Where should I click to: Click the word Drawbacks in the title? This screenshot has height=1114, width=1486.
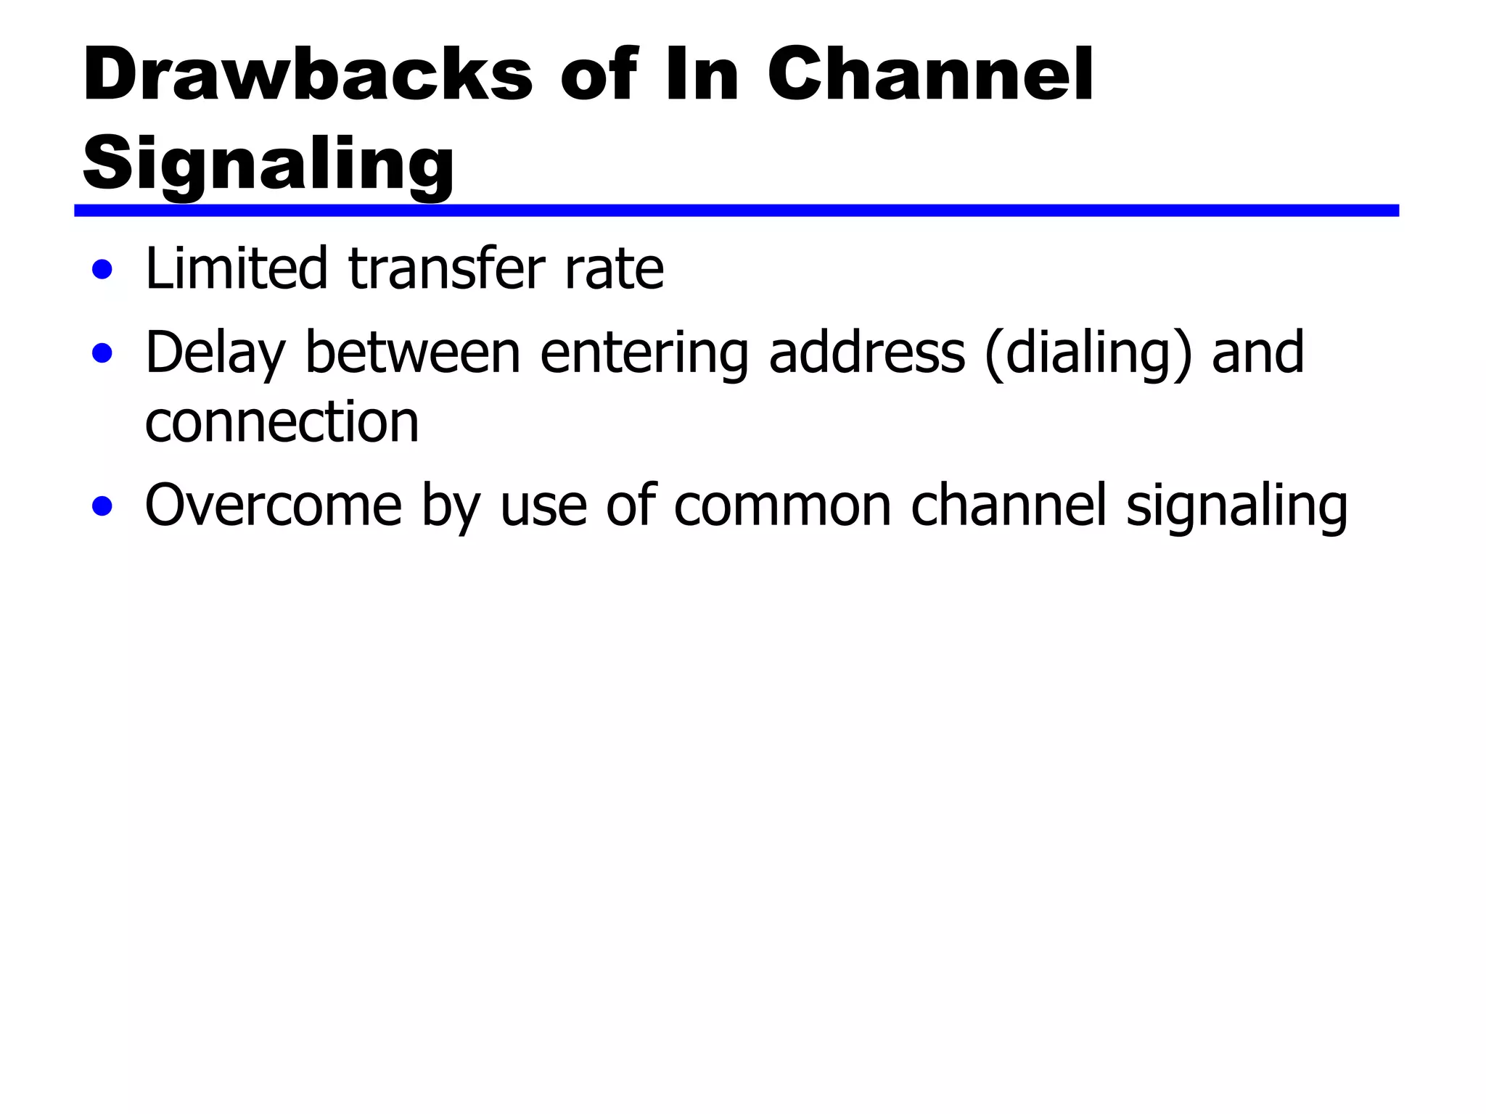[x=308, y=75]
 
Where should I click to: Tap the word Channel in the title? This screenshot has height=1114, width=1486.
[x=930, y=75]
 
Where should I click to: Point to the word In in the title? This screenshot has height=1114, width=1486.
[x=702, y=75]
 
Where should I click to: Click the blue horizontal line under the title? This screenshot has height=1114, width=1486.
[x=736, y=210]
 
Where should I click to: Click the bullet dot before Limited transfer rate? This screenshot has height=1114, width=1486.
[x=102, y=271]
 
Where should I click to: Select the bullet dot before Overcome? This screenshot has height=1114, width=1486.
[x=102, y=507]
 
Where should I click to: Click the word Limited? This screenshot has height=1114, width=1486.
[x=237, y=268]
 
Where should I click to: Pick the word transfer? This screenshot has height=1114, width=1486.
[x=447, y=268]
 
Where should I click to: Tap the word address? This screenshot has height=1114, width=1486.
[x=866, y=352]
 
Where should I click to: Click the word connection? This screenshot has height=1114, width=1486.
[x=282, y=422]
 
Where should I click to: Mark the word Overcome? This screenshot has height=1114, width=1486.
[x=274, y=506]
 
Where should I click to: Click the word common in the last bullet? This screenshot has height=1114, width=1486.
[x=782, y=506]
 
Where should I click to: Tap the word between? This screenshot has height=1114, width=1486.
[x=413, y=352]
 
